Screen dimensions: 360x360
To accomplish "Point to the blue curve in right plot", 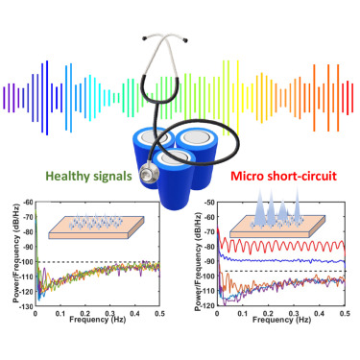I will click(x=288, y=260).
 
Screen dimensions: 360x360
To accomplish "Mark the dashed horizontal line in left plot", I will click(x=106, y=262).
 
